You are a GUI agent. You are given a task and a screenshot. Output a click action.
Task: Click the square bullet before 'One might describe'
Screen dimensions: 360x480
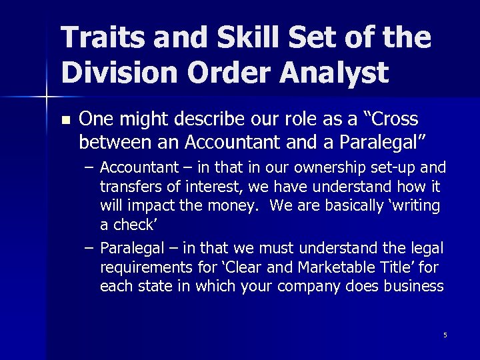point(65,121)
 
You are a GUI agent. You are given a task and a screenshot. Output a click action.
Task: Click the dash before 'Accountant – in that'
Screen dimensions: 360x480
point(89,167)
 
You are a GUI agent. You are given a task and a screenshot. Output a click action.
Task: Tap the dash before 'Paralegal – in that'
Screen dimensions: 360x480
point(89,248)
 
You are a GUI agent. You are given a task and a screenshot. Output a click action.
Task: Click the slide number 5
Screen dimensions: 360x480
point(445,335)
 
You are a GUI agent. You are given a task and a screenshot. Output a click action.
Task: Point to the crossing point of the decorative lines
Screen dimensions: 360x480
point(46,97)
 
